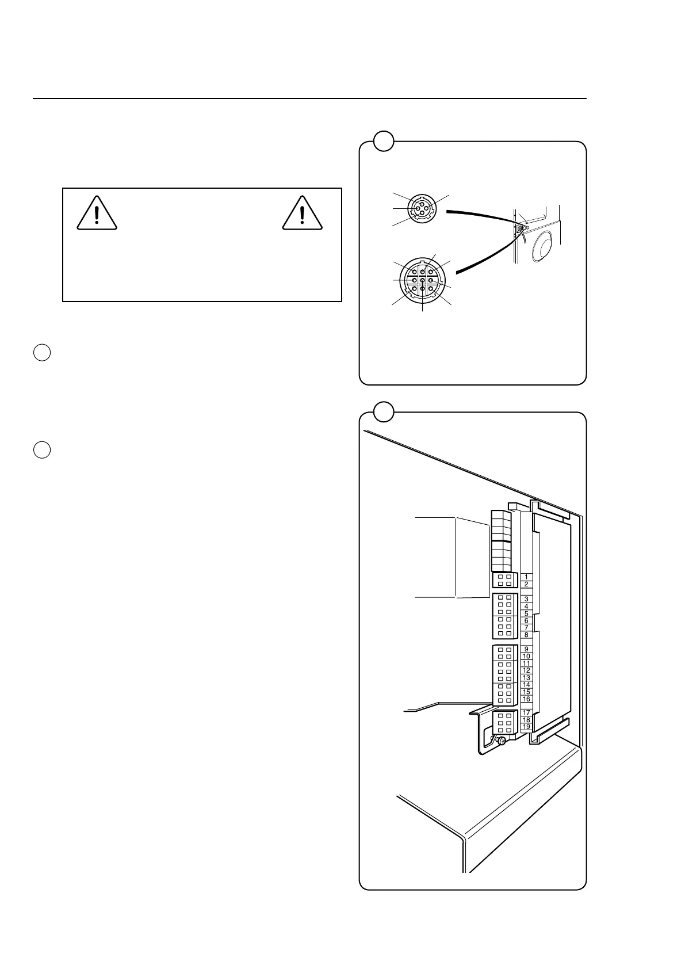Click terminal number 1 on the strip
[526, 577]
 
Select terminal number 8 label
[526, 635]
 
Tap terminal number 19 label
[526, 727]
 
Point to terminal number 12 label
[526, 670]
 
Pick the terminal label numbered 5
[526, 613]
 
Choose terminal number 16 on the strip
[526, 699]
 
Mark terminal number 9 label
[526, 649]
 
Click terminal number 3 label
[526, 599]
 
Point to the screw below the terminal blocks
[501, 742]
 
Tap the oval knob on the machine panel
[542, 247]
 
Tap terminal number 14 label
[526, 685]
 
